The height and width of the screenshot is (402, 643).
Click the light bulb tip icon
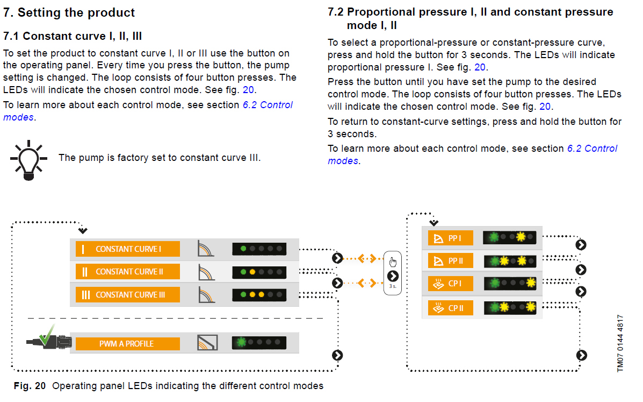coord(28,160)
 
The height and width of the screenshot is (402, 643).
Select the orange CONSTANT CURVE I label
coord(127,249)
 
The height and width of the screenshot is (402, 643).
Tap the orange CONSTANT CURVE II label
coord(127,272)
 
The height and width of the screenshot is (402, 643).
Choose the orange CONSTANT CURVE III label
coord(127,295)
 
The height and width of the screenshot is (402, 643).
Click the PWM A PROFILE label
coord(127,344)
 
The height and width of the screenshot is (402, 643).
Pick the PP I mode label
coord(450,238)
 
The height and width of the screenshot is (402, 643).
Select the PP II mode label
coord(450,261)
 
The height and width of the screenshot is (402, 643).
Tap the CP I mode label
coord(450,283)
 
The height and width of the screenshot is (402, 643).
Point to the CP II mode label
coord(450,308)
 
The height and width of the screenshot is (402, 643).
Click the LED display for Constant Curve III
coord(259,295)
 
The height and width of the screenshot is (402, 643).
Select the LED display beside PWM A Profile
coord(259,342)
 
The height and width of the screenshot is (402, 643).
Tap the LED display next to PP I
coord(510,237)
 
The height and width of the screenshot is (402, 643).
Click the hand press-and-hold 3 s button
coord(393,273)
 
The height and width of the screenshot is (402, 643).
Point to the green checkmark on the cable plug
coord(47,335)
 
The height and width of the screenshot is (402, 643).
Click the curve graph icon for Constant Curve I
coord(206,249)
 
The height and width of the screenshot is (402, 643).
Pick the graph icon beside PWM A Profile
coord(207,342)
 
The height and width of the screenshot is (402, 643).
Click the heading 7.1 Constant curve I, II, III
coord(73,36)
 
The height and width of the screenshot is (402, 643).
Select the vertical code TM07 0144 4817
coord(620,343)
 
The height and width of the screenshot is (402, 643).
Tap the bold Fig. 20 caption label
coord(30,386)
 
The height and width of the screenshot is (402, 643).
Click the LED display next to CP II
coord(510,308)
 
